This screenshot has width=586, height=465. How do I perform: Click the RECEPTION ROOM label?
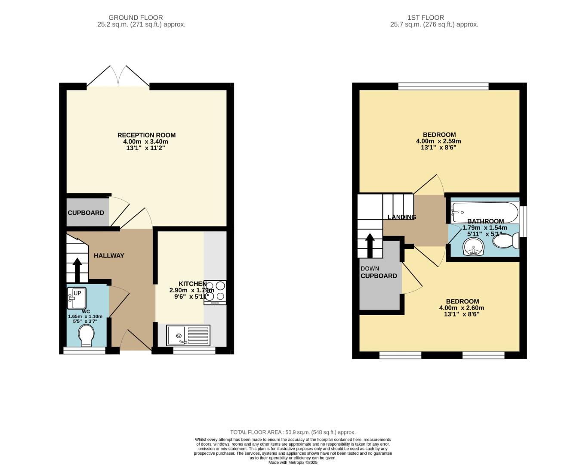pyautogui.click(x=146, y=135)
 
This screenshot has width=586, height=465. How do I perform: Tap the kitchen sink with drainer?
pyautogui.click(x=188, y=335)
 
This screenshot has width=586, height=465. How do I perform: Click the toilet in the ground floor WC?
pyautogui.click(x=86, y=335)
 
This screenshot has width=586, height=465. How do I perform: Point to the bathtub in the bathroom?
pyautogui.click(x=485, y=212)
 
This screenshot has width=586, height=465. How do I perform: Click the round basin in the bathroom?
pyautogui.click(x=474, y=247)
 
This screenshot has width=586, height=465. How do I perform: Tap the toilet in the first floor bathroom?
pyautogui.click(x=506, y=241)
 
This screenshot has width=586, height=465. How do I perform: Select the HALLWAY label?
pyautogui.click(x=109, y=255)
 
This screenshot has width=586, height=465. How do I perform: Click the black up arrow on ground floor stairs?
pyautogui.click(x=77, y=270)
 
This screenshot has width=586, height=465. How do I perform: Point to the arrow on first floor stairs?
pyautogui.click(x=370, y=245)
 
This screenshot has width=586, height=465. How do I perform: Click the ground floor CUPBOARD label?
pyautogui.click(x=86, y=213)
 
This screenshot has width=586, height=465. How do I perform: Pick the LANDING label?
pyautogui.click(x=402, y=217)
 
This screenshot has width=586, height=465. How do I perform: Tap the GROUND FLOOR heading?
pyautogui.click(x=136, y=18)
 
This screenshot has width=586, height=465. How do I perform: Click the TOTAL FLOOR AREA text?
pyautogui.click(x=293, y=432)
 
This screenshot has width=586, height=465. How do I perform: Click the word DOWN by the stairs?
pyautogui.click(x=370, y=269)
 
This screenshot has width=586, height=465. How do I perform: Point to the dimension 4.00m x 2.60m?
pyautogui.click(x=461, y=308)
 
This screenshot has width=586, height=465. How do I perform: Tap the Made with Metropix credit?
pyautogui.click(x=293, y=462)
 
